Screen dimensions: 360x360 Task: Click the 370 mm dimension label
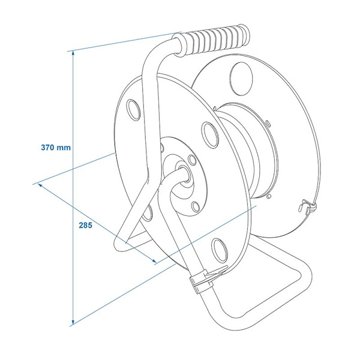[56, 147]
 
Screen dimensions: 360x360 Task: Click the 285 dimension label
[85, 226]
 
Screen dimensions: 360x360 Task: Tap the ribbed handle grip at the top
[211, 39]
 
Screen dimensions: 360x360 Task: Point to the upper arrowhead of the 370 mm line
[73, 53]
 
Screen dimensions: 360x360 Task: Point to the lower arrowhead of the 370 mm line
[73, 322]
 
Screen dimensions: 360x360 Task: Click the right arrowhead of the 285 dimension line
[154, 260]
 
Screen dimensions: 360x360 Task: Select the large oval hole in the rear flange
[241, 79]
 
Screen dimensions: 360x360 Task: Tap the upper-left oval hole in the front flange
[133, 110]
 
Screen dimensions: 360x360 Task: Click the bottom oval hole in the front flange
[220, 250]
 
